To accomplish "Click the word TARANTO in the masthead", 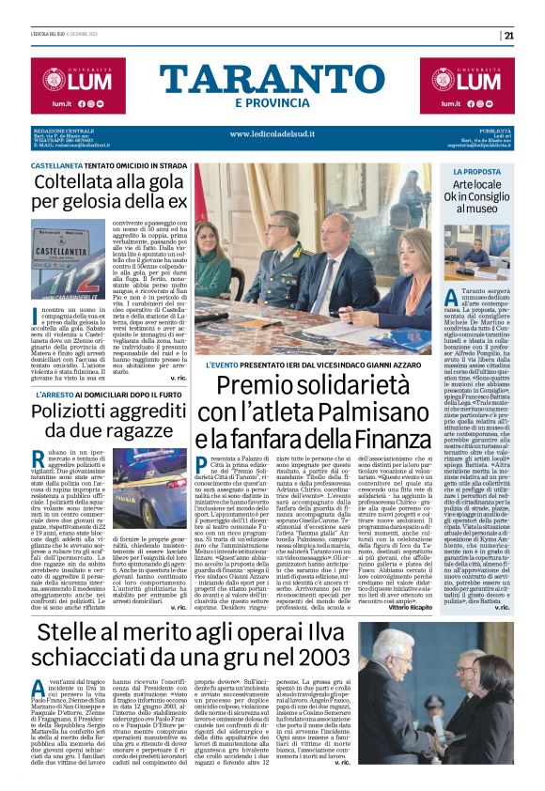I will [272, 78].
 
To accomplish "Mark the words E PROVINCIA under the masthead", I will [272, 101].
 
